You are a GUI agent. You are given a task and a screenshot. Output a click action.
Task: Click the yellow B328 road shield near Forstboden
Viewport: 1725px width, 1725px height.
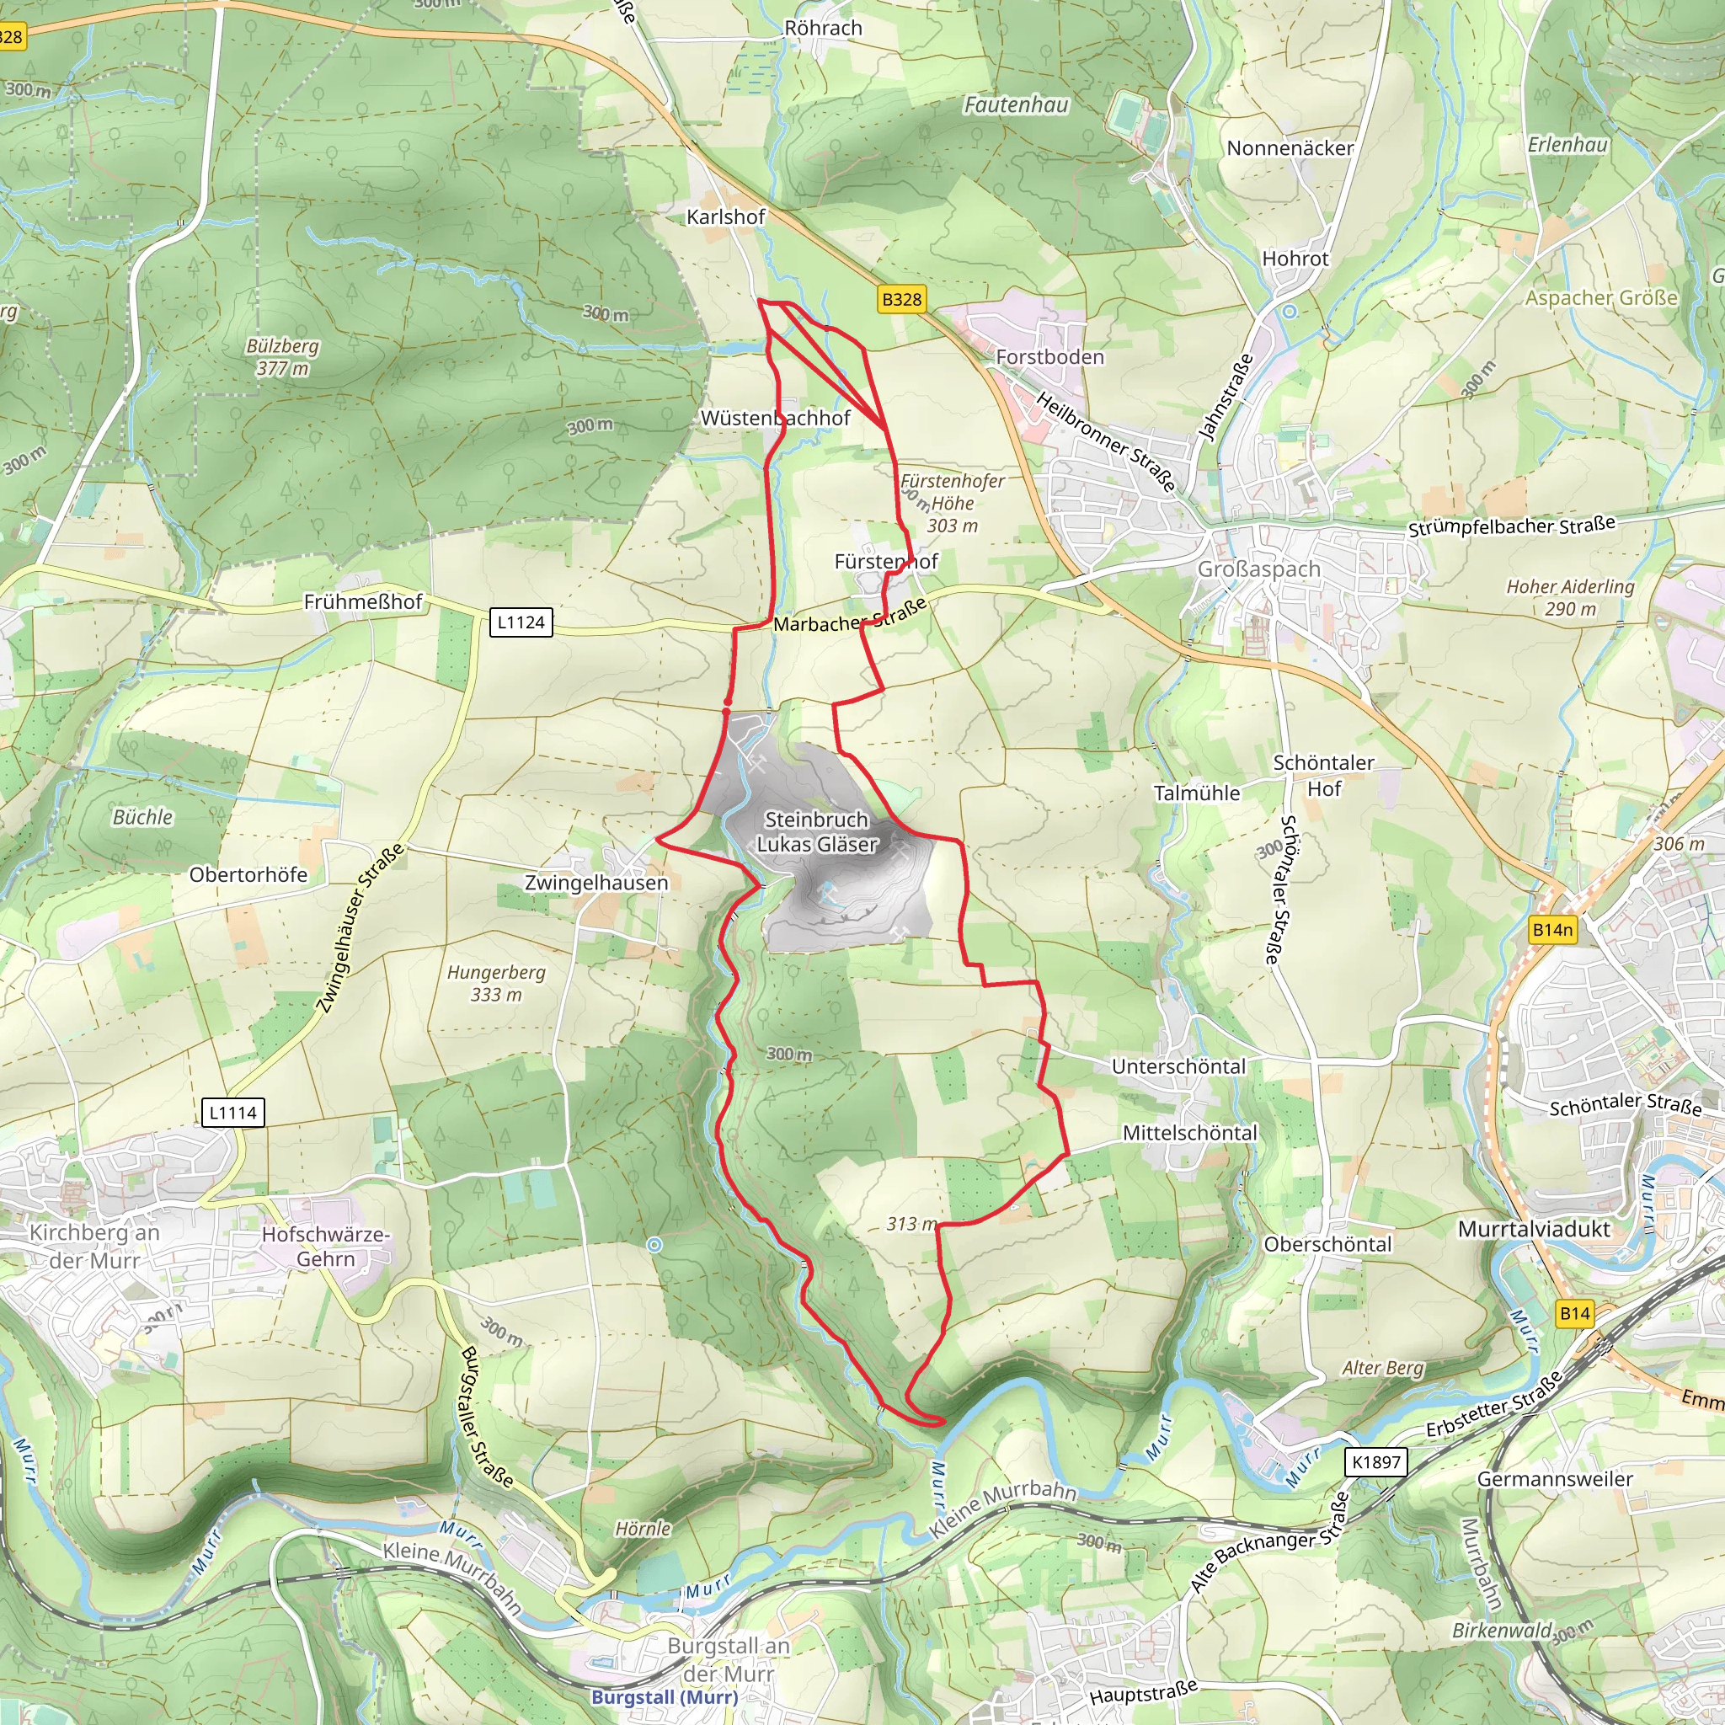tap(901, 299)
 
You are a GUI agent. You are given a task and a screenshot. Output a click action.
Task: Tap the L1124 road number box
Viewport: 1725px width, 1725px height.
tap(521, 622)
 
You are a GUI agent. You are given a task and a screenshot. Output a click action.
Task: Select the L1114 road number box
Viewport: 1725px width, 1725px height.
tap(233, 1113)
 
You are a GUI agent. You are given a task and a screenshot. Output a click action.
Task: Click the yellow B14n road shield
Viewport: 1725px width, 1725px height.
tap(1552, 930)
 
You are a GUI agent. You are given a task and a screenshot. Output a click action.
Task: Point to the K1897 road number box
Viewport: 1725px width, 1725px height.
tap(1376, 1461)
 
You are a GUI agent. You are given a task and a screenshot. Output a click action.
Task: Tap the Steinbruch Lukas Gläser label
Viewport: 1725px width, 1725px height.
tap(817, 831)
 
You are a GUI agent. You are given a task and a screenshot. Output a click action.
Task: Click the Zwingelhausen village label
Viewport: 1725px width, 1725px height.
tap(595, 882)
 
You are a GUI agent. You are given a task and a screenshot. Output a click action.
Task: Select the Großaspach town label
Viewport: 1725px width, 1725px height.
tap(1258, 569)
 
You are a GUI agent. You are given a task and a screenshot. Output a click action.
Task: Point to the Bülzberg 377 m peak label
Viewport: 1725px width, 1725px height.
tap(282, 356)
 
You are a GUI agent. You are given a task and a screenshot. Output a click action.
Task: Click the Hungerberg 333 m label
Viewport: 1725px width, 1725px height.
tap(496, 983)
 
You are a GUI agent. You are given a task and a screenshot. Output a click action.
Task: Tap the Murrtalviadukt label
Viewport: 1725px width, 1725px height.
tap(1534, 1229)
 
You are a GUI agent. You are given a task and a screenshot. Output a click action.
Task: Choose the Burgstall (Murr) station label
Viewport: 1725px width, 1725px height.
tap(665, 1696)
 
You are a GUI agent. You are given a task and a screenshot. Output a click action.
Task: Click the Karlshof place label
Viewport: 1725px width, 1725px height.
tap(725, 217)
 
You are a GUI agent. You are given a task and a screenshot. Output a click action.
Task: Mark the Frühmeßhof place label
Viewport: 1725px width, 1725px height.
tap(362, 601)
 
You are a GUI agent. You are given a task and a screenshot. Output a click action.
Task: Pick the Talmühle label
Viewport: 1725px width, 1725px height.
tap(1196, 793)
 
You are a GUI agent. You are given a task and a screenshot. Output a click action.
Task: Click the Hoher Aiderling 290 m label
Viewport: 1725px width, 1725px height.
tap(1571, 597)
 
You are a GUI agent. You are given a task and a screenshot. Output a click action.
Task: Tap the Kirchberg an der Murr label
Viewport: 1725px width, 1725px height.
tap(93, 1247)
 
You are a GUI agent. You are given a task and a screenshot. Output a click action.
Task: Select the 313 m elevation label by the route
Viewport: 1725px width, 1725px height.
tap(911, 1223)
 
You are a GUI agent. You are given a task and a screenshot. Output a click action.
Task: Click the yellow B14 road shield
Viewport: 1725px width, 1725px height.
tap(1575, 1312)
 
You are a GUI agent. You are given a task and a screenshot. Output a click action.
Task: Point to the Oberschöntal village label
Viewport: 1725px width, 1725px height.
tap(1327, 1244)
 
